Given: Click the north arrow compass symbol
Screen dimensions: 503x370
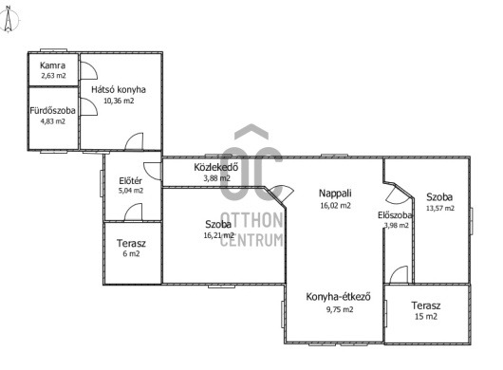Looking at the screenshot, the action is [x=9, y=19].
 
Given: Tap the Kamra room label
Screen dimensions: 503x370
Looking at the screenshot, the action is [x=52, y=65].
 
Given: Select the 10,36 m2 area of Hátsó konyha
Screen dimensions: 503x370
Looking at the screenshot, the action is [x=119, y=101].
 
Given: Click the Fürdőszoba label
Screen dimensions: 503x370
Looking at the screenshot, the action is [x=52, y=111].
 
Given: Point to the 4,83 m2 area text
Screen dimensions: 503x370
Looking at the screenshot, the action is [x=52, y=121].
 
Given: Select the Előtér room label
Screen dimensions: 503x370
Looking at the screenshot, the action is [x=131, y=180].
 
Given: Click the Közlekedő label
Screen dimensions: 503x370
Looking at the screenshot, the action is [x=216, y=167].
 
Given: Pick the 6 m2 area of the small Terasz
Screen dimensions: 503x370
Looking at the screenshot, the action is [x=131, y=254].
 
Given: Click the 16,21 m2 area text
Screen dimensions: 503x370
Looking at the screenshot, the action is [x=219, y=235].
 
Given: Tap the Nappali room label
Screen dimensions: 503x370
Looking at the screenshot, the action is [x=335, y=194].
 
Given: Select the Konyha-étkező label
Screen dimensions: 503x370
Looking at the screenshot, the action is [x=339, y=297].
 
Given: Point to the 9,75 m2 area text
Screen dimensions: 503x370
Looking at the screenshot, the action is [x=340, y=309].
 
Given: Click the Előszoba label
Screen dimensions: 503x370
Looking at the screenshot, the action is [x=395, y=215].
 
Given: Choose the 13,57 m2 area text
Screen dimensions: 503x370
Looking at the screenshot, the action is [x=440, y=208].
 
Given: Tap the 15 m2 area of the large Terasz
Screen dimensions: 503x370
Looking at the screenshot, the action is [x=426, y=317].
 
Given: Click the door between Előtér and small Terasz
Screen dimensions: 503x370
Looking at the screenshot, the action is [x=133, y=212].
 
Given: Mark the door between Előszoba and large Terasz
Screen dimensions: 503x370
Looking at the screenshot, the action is [x=399, y=274].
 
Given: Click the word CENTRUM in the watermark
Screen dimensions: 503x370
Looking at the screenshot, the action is [x=251, y=239].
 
